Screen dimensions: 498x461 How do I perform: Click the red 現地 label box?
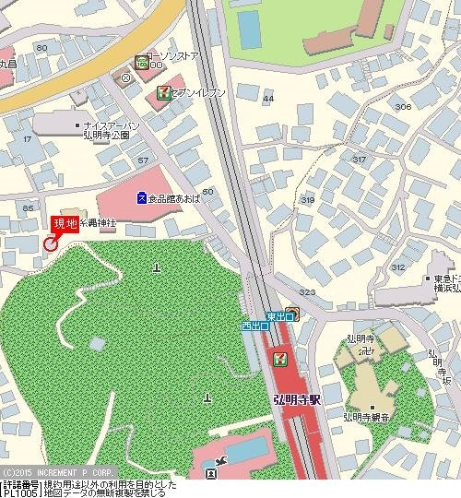[65, 224]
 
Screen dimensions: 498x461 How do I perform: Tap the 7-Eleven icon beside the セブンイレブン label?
[162, 92]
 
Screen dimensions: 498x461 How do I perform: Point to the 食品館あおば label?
[171, 197]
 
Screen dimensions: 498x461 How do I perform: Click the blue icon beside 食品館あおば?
[140, 197]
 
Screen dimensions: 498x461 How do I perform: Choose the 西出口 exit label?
[254, 326]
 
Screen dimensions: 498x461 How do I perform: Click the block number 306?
[402, 107]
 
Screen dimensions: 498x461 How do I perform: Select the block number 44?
[268, 98]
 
